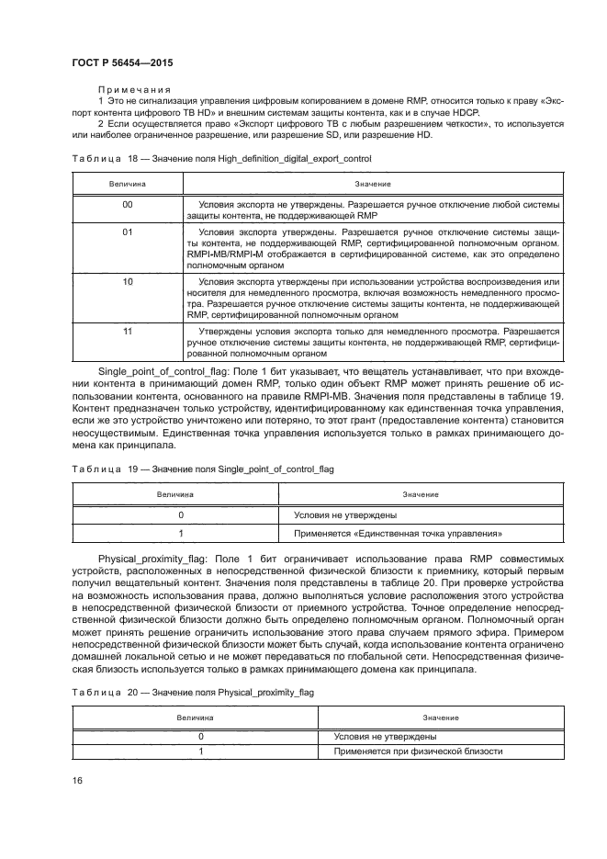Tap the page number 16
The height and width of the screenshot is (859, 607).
click(x=78, y=780)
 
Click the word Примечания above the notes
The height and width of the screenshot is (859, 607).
click(x=128, y=90)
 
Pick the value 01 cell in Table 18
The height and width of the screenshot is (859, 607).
click(x=128, y=232)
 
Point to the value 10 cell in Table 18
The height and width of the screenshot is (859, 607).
click(x=128, y=280)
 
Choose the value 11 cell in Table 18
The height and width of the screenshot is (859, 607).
click(x=128, y=328)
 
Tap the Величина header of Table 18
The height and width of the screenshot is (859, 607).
click(x=128, y=184)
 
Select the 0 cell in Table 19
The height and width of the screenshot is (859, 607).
click(x=181, y=514)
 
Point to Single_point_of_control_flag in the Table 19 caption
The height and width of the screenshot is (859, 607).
click(x=275, y=469)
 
